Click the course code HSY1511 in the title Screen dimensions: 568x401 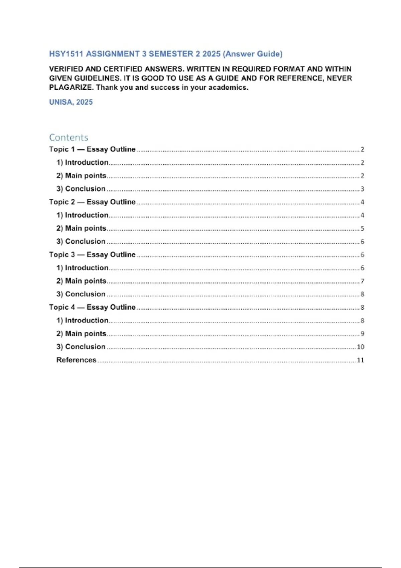point(66,54)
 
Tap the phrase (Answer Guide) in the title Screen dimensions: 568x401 point(253,54)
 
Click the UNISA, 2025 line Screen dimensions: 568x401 point(71,102)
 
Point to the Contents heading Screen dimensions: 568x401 point(69,137)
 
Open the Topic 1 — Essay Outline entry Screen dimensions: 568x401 point(92,149)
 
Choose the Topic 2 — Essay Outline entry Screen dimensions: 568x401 point(92,202)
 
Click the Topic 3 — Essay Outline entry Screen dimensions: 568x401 point(92,255)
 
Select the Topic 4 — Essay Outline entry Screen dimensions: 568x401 point(92,307)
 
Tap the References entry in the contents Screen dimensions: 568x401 point(76,360)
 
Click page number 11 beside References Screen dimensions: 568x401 point(360,360)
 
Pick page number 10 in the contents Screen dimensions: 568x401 point(360,347)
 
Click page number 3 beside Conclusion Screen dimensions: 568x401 point(362,189)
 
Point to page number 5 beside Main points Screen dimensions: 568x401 point(362,229)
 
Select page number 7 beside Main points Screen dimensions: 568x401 point(362,281)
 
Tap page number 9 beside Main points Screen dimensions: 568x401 point(362,334)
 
